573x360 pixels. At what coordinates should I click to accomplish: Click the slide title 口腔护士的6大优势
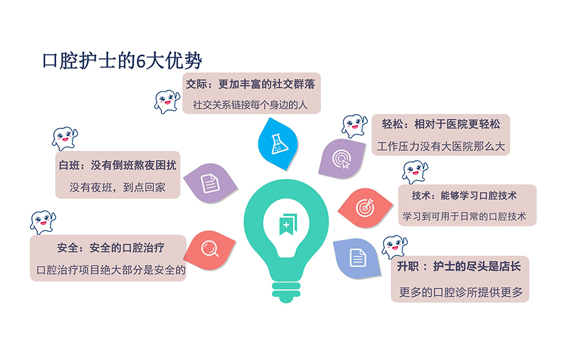[x=122, y=60]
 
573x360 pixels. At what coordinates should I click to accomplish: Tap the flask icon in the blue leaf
[x=279, y=144]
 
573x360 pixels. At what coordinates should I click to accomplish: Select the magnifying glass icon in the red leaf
[x=210, y=249]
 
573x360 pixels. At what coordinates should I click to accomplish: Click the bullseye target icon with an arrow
[x=364, y=207]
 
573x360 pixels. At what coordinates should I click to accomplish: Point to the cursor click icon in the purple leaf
[x=342, y=159]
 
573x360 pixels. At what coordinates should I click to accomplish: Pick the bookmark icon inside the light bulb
[x=288, y=224]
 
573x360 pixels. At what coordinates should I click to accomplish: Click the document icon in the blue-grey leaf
[x=358, y=257]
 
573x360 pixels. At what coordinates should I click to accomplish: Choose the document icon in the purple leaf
[x=210, y=183]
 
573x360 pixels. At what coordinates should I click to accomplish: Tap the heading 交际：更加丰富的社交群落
[x=250, y=84]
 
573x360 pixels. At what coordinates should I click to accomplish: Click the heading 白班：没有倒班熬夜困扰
[x=117, y=165]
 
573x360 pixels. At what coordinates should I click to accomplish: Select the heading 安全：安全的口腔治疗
[x=111, y=248]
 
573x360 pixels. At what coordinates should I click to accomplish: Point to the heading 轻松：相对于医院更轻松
[x=441, y=124]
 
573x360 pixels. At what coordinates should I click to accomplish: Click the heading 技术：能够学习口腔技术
[x=464, y=195]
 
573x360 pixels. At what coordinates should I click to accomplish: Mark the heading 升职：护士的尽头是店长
[x=458, y=266]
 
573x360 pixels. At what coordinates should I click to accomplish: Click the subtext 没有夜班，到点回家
[x=117, y=187]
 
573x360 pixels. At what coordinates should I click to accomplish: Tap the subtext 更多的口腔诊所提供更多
[x=461, y=292]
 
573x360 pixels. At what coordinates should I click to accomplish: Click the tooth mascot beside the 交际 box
[x=167, y=101]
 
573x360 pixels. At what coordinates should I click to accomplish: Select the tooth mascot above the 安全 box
[x=43, y=222]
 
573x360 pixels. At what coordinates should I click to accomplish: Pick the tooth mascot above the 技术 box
[x=415, y=172]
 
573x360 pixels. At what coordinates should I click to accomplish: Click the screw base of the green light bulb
[x=286, y=292]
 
